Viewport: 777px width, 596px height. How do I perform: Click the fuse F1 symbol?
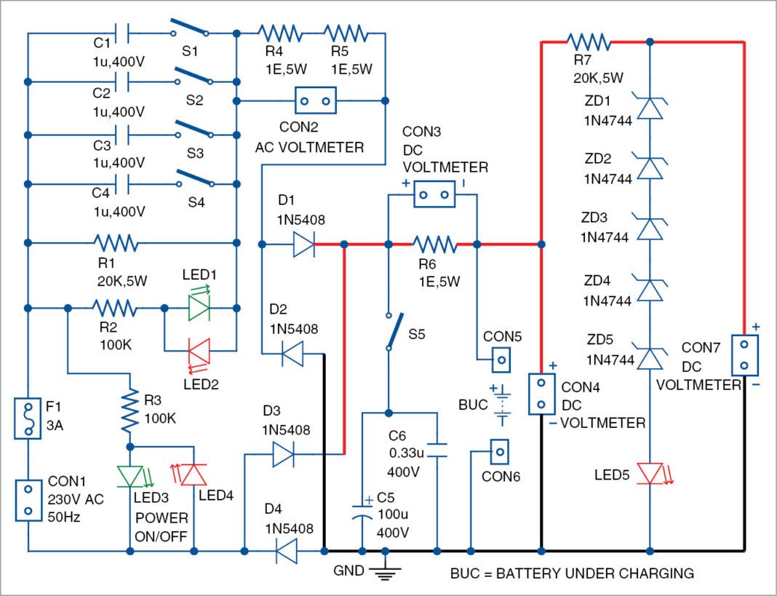point(27,418)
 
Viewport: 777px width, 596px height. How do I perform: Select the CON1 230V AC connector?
point(27,501)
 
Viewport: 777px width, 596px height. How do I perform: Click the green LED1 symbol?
point(199,309)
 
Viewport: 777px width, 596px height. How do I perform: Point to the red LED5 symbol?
point(650,473)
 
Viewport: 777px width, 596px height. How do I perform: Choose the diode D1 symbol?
point(303,244)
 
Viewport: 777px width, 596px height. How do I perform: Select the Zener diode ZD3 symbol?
point(650,227)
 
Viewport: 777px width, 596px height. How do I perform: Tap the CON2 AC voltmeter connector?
point(314,100)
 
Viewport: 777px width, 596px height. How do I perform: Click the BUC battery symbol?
point(501,405)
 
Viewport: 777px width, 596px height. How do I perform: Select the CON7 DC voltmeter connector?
point(744,355)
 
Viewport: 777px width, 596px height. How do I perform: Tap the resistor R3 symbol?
point(129,410)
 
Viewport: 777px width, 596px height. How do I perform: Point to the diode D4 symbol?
point(287,551)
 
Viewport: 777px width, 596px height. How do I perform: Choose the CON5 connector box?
point(501,359)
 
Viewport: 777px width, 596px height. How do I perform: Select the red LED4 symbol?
point(193,474)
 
